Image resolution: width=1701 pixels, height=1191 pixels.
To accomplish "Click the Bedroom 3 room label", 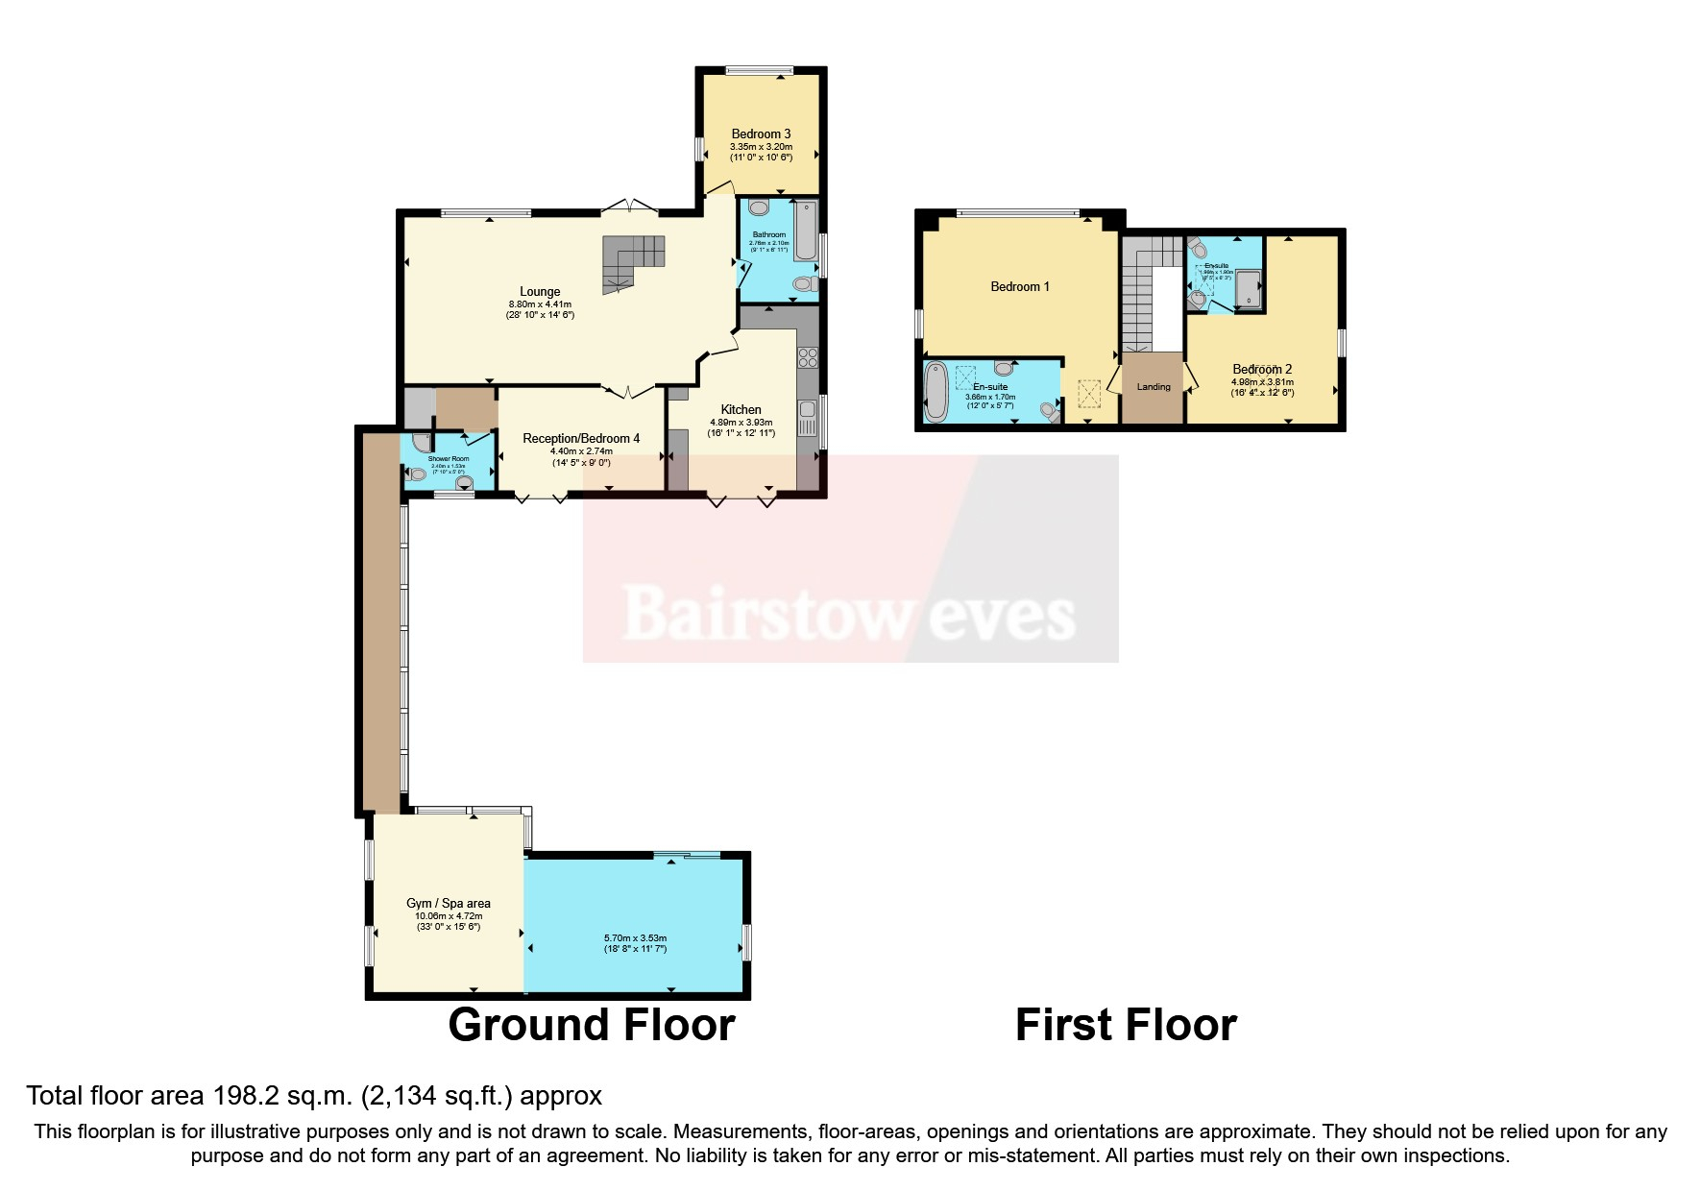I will click(761, 134).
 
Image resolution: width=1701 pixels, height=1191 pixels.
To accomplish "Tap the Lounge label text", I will click(540, 292).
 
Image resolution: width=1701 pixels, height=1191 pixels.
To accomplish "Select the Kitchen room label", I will click(741, 409).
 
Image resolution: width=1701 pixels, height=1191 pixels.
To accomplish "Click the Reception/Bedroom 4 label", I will click(580, 439).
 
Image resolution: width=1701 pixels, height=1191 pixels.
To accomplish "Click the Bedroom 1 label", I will click(1020, 286).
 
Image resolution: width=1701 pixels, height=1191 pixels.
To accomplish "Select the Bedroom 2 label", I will click(1262, 369).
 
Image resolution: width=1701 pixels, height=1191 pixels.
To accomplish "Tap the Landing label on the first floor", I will click(1154, 387).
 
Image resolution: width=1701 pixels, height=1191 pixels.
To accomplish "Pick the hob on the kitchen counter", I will click(807, 357).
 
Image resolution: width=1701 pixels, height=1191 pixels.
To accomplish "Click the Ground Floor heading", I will click(592, 1025).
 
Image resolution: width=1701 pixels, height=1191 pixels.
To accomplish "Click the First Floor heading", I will click(1126, 1025).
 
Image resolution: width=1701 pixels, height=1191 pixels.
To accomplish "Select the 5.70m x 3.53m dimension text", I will click(634, 938).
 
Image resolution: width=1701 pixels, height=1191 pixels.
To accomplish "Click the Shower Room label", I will click(448, 459).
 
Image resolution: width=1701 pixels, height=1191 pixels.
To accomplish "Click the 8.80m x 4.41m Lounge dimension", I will click(540, 304).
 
